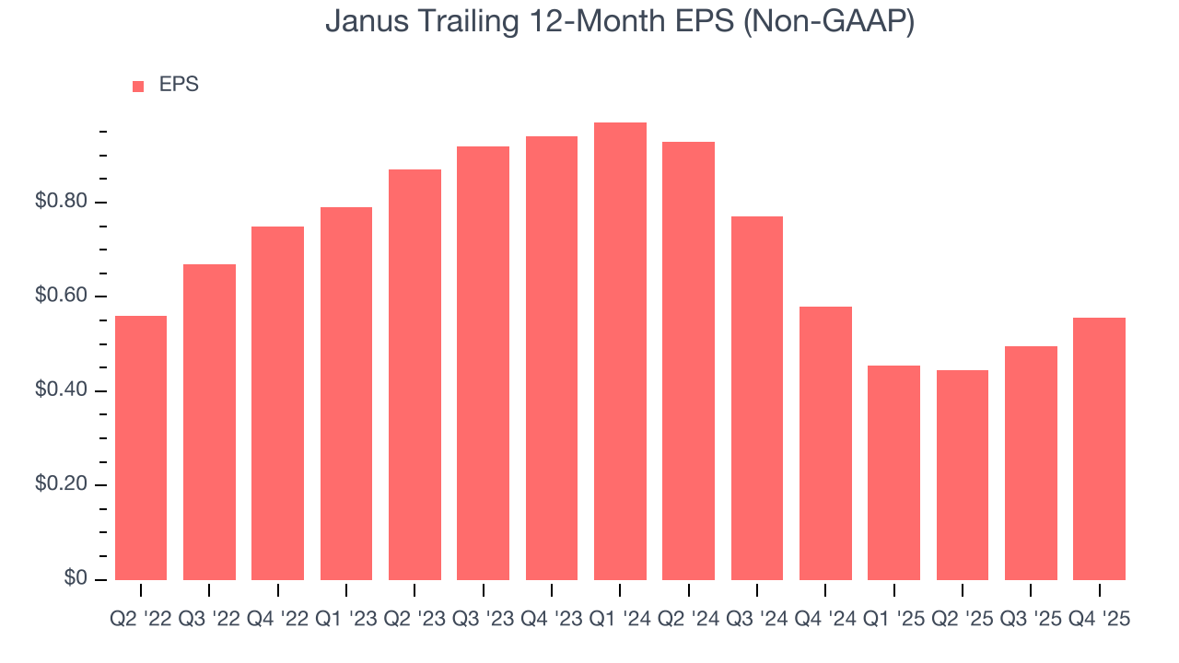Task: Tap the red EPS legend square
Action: click(x=138, y=86)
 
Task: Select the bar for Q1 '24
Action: click(x=620, y=351)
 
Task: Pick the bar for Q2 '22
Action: click(x=141, y=448)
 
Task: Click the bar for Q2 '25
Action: click(x=962, y=474)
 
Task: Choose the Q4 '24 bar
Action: click(x=825, y=443)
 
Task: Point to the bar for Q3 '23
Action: click(x=483, y=363)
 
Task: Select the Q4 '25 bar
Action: click(x=1099, y=448)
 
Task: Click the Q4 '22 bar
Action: click(x=277, y=403)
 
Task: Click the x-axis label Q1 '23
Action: click(x=345, y=620)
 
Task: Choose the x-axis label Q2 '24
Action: click(x=688, y=620)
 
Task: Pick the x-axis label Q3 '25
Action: click(x=1030, y=620)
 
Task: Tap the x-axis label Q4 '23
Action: click(x=551, y=620)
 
